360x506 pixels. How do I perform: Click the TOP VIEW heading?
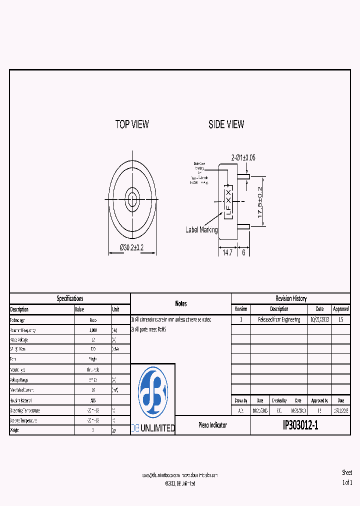tap(132, 124)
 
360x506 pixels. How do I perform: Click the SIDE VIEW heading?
tap(226, 124)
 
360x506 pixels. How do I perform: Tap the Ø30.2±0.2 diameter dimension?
tap(132, 247)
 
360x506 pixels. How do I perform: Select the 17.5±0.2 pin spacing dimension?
tap(259, 201)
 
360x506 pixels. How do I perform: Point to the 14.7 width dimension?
tap(227, 253)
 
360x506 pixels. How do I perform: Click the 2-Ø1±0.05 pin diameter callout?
tap(243, 157)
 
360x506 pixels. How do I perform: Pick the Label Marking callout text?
tap(201, 229)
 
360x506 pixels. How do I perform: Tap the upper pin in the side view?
tap(244, 176)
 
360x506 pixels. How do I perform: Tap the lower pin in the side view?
tap(244, 226)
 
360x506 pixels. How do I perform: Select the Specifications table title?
tap(70, 298)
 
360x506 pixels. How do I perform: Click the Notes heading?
tap(181, 303)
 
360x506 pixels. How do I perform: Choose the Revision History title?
tap(291, 298)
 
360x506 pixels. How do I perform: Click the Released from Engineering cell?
tap(279, 319)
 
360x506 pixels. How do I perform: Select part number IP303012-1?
tap(300, 425)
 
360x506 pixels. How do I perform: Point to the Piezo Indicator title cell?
tap(212, 425)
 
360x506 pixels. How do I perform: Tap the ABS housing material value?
tap(93, 400)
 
